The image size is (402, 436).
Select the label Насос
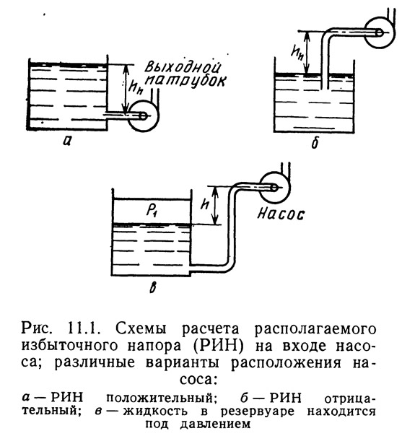281,214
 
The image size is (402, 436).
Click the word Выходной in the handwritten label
183,68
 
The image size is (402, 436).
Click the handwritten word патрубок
185,82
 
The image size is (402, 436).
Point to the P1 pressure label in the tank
151,212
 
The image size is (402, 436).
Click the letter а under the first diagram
67,141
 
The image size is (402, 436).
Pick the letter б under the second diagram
315,142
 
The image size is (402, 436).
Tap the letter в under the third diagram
152,287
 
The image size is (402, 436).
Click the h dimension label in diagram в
205,205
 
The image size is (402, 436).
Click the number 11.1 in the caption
82,328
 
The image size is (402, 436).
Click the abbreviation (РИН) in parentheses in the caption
219,346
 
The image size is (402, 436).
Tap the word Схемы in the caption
141,328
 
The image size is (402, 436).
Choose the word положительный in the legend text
161,398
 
